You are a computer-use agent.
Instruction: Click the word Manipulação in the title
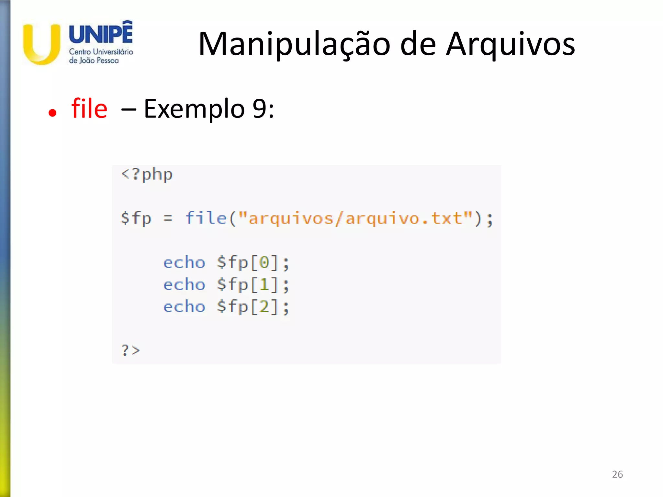[x=294, y=44]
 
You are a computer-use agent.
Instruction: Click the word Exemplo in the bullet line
[x=194, y=109]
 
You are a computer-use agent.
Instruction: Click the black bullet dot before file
[x=52, y=113]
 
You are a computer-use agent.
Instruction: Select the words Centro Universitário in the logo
[x=101, y=52]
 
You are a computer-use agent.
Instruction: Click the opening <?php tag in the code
[x=147, y=175]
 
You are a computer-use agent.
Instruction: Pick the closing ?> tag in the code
[x=130, y=350]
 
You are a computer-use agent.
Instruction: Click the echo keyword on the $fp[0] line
[x=184, y=262]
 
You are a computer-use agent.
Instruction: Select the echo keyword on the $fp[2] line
[x=184, y=306]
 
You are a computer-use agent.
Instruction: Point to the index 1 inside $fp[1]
[x=264, y=285]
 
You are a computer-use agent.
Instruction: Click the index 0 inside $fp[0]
[x=264, y=262]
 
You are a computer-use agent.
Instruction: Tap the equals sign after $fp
[x=168, y=218]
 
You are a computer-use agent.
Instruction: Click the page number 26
[x=617, y=474]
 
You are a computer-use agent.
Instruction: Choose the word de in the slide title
[x=418, y=44]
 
